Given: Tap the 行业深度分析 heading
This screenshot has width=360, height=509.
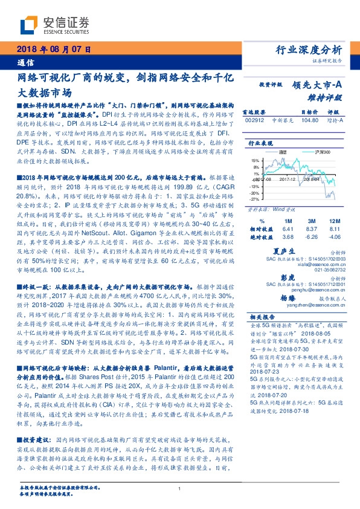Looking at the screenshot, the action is click(309, 50).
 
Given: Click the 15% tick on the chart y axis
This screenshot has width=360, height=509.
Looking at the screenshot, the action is click(254, 161).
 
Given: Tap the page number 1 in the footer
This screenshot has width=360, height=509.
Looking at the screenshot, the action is click(180, 490).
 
